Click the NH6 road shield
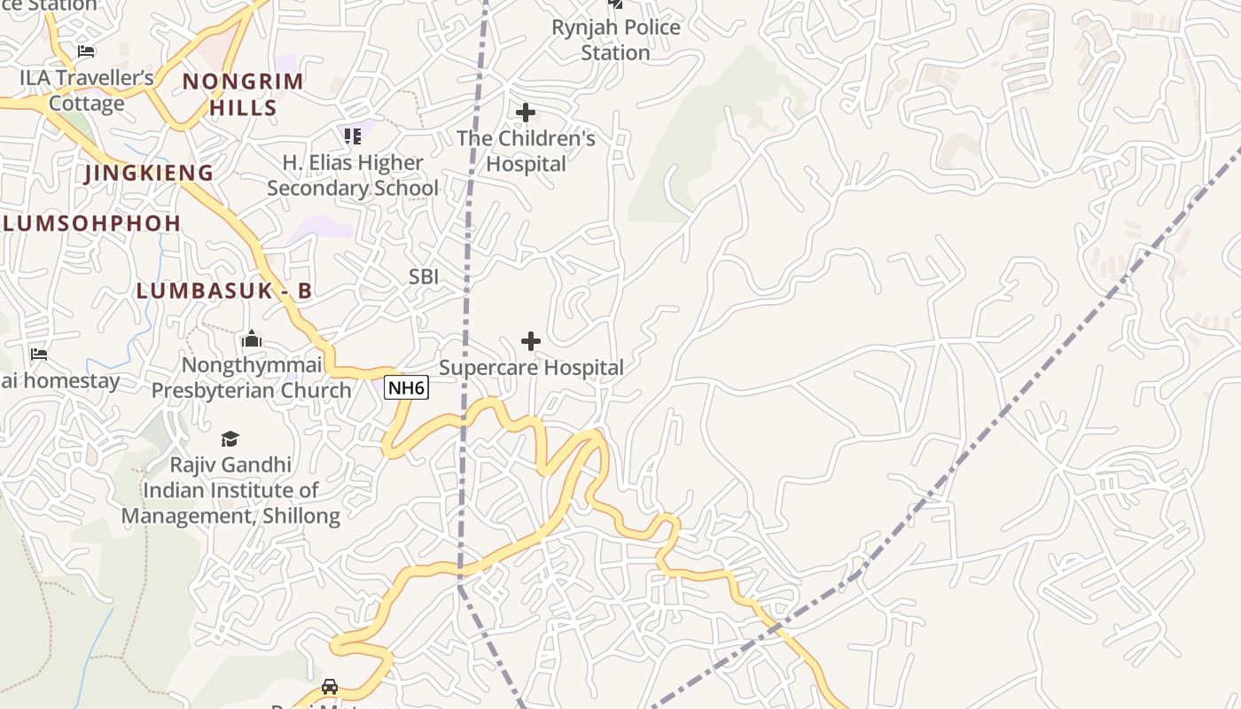click(x=406, y=387)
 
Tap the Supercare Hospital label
click(x=531, y=368)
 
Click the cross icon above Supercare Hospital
click(x=531, y=341)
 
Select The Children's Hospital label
click(x=526, y=152)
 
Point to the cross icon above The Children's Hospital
click(x=526, y=113)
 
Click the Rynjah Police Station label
click(x=615, y=40)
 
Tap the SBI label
click(x=424, y=277)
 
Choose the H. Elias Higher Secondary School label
click(x=353, y=175)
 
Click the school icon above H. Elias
click(x=353, y=136)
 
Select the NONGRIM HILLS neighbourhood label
click(x=243, y=95)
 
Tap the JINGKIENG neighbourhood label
click(x=150, y=173)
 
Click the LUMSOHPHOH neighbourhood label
click(x=92, y=223)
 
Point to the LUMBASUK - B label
click(x=223, y=291)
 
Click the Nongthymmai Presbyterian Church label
click(x=251, y=378)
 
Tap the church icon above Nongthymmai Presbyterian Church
click(x=251, y=339)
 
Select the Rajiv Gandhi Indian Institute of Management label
click(x=230, y=490)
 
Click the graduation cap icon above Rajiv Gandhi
click(x=230, y=439)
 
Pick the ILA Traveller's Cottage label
click(x=87, y=90)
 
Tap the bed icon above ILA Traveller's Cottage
click(x=86, y=51)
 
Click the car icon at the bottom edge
click(x=330, y=687)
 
